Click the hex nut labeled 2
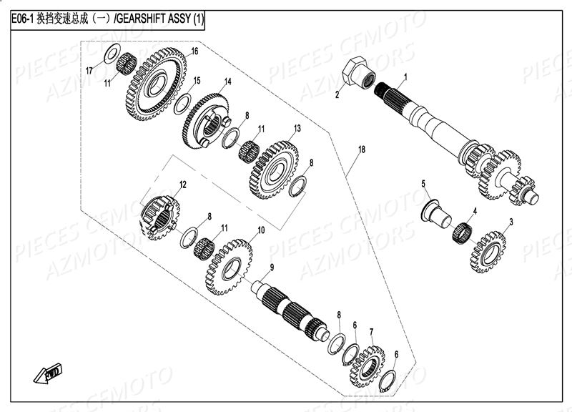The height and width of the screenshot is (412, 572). tap(357, 73)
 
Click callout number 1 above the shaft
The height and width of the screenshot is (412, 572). tap(405, 76)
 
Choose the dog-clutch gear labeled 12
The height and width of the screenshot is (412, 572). tap(161, 212)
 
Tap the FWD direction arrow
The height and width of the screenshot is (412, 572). tap(51, 372)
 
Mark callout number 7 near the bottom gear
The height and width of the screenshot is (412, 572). tap(372, 331)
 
